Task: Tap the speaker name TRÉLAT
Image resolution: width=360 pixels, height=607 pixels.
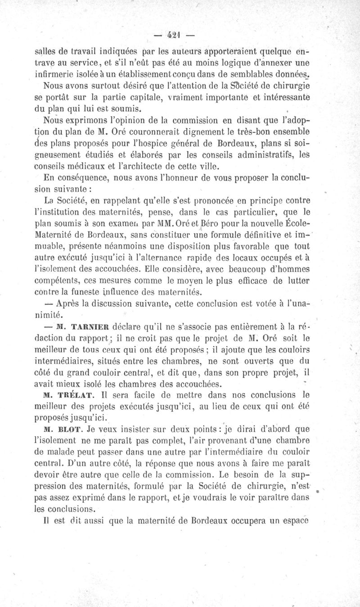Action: pyautogui.click(x=75, y=396)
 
